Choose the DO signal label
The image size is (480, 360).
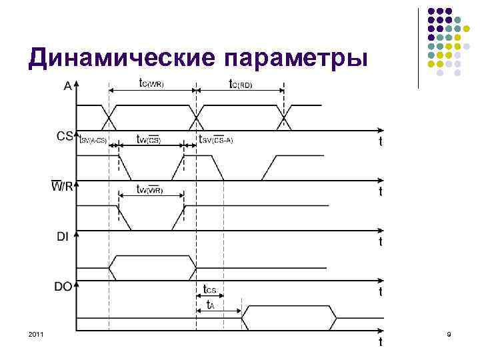(x=63, y=286)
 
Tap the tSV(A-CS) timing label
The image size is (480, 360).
(x=94, y=140)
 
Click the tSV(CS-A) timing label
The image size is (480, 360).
(x=216, y=140)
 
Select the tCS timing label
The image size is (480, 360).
(x=210, y=290)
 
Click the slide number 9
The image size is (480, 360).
(x=448, y=333)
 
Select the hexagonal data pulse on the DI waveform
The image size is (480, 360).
(x=153, y=267)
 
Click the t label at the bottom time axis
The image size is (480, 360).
(x=380, y=342)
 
